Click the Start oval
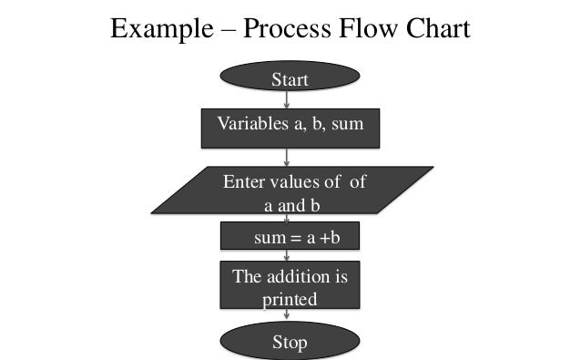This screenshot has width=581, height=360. [290, 80]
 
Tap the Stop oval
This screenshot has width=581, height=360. [290, 342]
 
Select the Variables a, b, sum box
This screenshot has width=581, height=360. [290, 129]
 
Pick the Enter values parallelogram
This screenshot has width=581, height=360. [290, 192]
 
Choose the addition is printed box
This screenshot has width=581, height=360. [290, 286]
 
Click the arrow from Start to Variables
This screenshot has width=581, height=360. [288, 100]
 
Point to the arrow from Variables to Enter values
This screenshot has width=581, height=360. [288, 157]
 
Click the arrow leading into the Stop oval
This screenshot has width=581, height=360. [288, 315]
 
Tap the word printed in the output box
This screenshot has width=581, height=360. [290, 298]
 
